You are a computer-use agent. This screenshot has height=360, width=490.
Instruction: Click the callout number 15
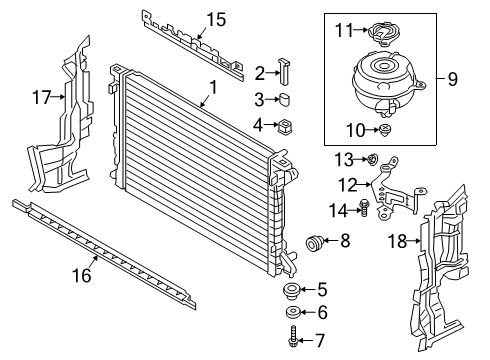pyautogui.click(x=217, y=19)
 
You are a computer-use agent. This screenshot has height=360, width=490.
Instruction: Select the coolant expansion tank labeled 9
pyautogui.click(x=388, y=83)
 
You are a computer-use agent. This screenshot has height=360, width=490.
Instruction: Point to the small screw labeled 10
pyautogui.click(x=386, y=129)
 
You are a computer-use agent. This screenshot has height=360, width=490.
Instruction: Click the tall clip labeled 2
pyautogui.click(x=284, y=71)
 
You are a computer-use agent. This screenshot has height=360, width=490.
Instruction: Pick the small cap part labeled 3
pyautogui.click(x=284, y=100)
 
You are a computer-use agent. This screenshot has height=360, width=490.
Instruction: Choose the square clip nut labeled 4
pyautogui.click(x=285, y=125)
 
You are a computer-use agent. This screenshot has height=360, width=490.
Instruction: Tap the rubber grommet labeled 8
pyautogui.click(x=313, y=243)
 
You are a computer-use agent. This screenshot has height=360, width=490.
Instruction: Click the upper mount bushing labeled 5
pyautogui.click(x=291, y=290)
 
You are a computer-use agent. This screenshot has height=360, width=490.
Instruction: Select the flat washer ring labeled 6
pyautogui.click(x=293, y=312)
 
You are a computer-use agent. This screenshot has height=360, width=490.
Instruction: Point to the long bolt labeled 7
pyautogui.click(x=292, y=337)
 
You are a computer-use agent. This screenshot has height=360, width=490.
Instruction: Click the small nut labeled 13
pyautogui.click(x=373, y=159)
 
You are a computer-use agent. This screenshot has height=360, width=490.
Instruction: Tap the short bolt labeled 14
pyautogui.click(x=363, y=208)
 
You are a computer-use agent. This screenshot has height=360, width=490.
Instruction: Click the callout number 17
pyautogui.click(x=42, y=97)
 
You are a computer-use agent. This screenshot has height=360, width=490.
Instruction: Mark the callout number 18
pyautogui.click(x=398, y=241)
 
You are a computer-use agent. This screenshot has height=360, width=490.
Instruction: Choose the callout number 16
pyautogui.click(x=82, y=275)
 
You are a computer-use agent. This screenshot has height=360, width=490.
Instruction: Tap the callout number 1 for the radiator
pyautogui.click(x=213, y=87)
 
